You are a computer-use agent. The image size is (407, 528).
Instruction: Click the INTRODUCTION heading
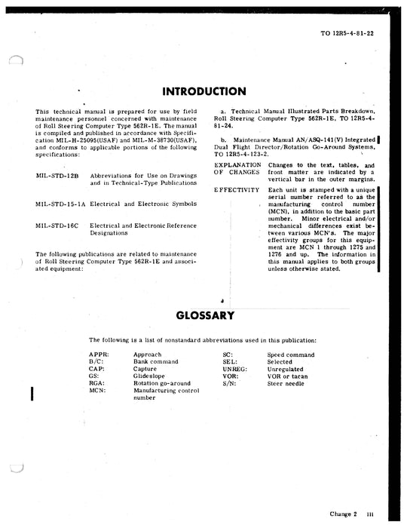pos(203,92)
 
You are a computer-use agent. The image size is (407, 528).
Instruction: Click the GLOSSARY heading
pos(203,315)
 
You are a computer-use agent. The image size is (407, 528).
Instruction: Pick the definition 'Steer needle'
pos(288,384)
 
